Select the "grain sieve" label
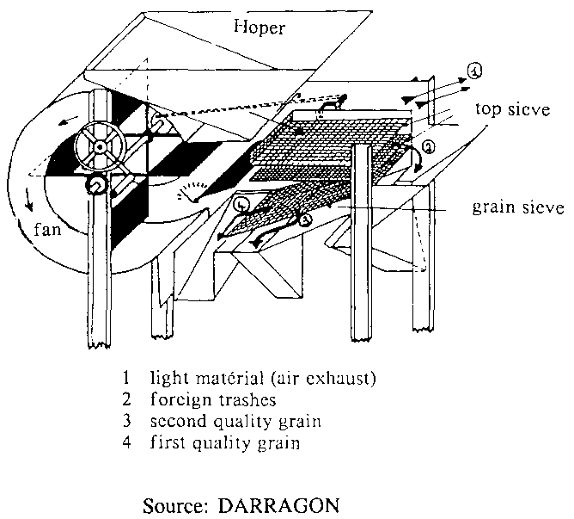[518, 208]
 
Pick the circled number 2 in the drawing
[427, 148]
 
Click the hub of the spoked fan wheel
[101, 147]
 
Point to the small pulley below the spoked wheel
[96, 185]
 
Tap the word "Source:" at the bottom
[175, 500]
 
